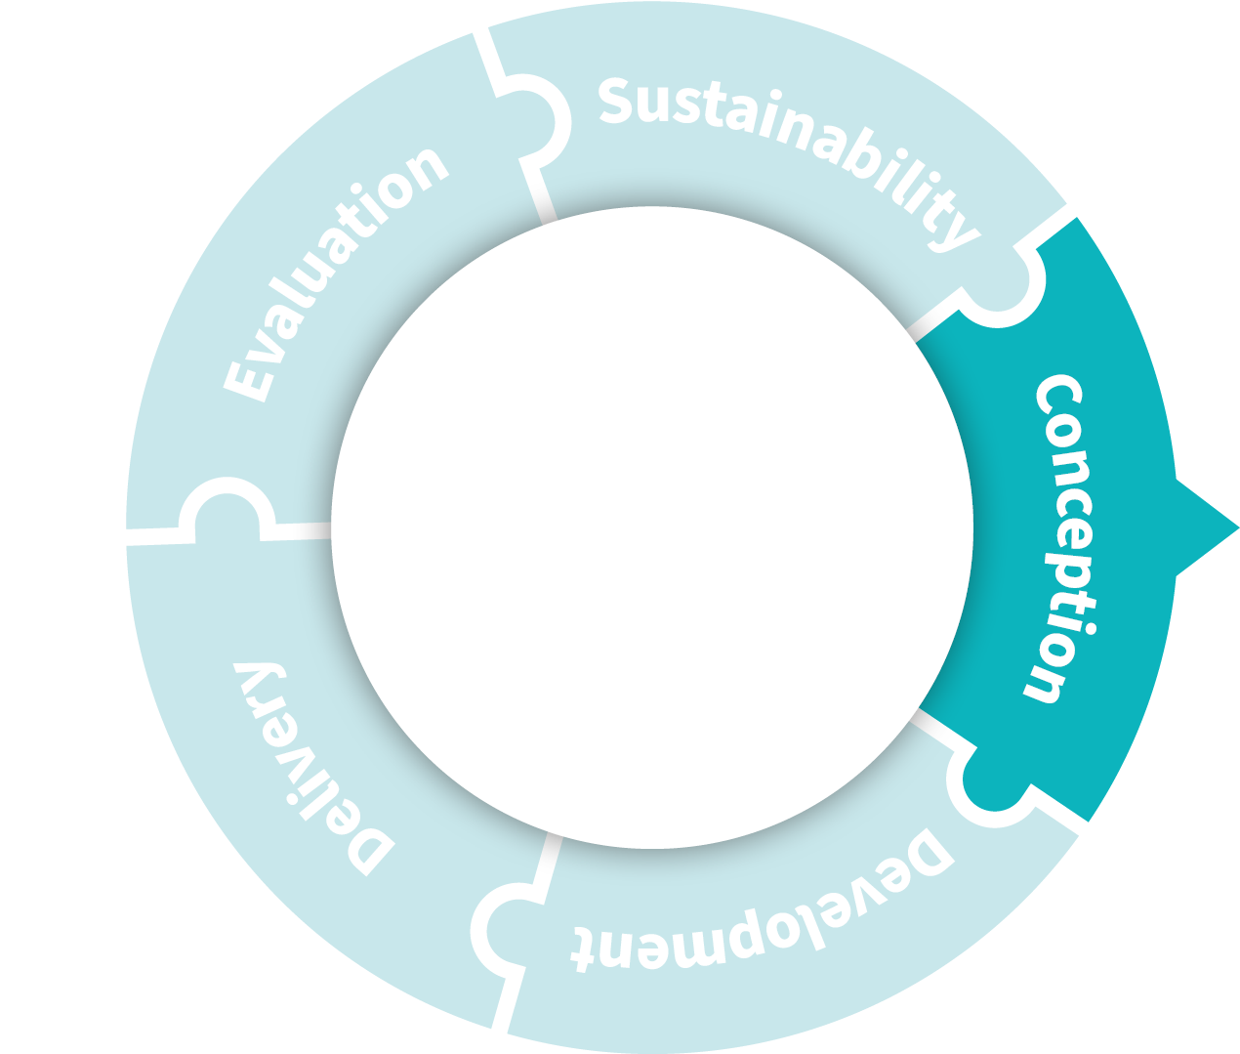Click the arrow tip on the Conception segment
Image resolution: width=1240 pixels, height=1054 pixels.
[1238, 528]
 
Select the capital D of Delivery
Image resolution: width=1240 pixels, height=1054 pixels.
[370, 849]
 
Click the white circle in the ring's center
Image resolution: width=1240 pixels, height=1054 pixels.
[652, 527]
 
